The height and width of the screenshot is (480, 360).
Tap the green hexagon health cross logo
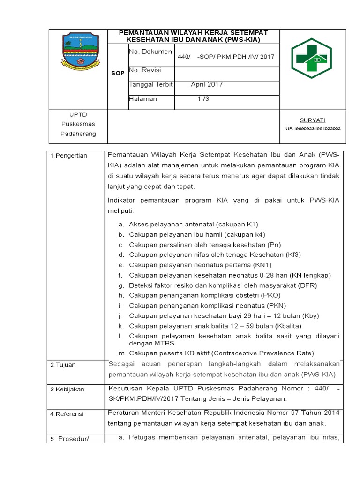[x=312, y=58]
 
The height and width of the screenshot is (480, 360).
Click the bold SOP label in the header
[x=118, y=73]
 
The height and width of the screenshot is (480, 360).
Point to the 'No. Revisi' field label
[x=145, y=70]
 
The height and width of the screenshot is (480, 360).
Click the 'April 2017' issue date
[x=207, y=85]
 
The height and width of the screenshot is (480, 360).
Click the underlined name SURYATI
[x=313, y=120]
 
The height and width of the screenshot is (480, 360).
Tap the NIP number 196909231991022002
[x=313, y=128]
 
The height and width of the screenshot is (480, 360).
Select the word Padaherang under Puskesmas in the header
[x=78, y=134]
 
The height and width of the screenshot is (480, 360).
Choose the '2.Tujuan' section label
[x=63, y=365]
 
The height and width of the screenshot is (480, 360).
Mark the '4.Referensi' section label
[x=67, y=414]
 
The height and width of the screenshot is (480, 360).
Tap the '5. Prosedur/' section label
[x=69, y=439]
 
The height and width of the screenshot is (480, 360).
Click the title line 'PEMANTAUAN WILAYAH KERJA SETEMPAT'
[x=194, y=33]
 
